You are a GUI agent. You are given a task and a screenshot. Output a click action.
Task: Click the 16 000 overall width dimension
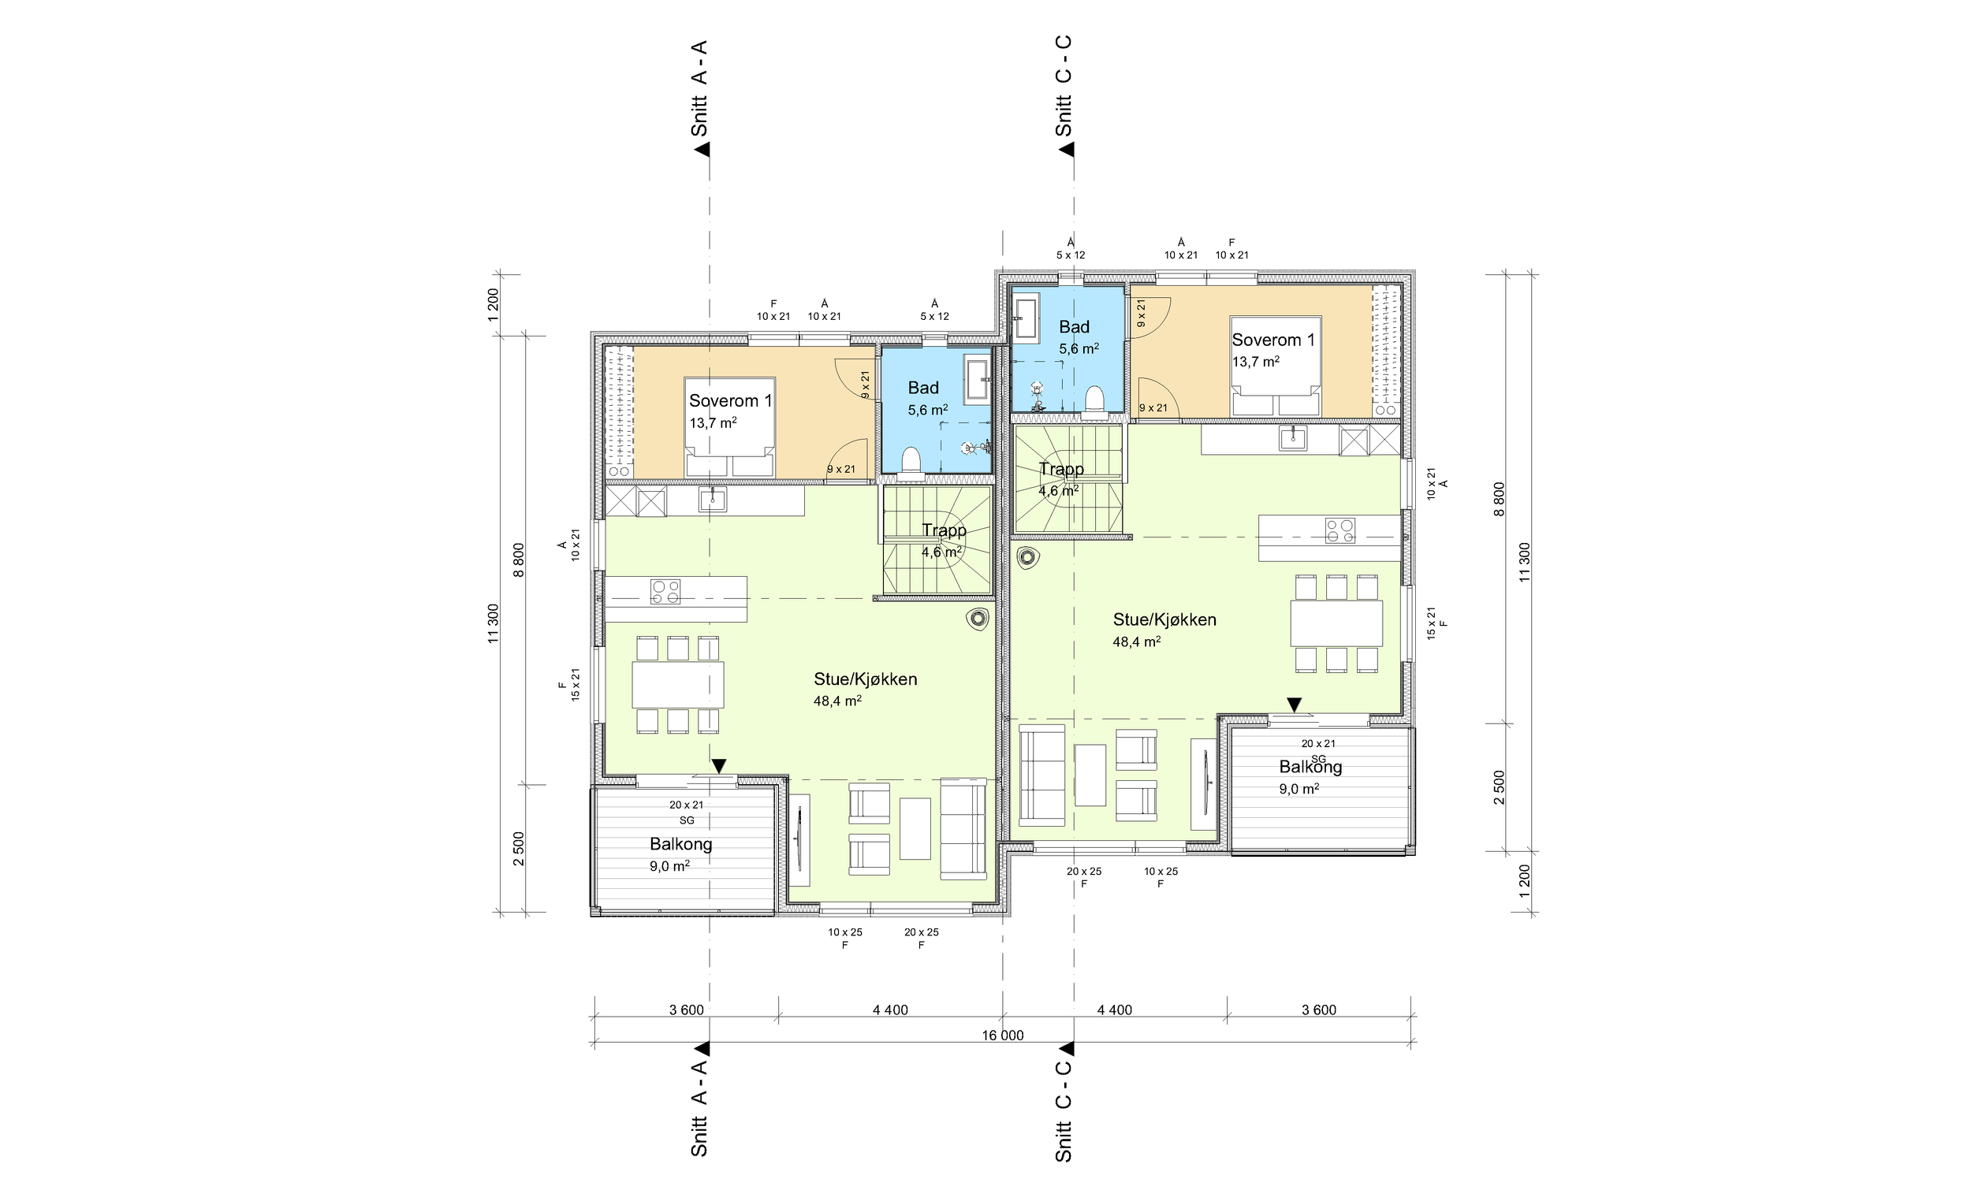[x=1002, y=1035]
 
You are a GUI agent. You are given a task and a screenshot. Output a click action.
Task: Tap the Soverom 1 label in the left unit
[x=730, y=400]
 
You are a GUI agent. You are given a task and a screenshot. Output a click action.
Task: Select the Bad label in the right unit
[x=1075, y=326]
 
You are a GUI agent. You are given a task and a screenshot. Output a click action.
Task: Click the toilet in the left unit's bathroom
[x=911, y=463]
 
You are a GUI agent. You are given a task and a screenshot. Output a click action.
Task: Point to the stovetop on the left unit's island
[x=665, y=591]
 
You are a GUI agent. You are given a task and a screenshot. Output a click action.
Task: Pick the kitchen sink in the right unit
[x=1293, y=437]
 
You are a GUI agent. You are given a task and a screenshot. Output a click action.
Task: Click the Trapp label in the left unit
[x=944, y=530]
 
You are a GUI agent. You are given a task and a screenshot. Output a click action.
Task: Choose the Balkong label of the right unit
[x=1310, y=766]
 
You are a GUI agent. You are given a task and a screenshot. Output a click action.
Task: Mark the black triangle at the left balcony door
[x=718, y=766]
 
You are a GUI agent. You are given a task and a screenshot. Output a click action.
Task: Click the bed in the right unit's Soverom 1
[x=1275, y=366]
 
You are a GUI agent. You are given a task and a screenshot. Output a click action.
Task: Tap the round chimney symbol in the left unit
[x=978, y=618]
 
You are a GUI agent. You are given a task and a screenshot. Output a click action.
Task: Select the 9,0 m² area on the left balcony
[x=669, y=865]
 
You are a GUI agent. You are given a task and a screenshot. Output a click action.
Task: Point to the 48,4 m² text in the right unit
[x=1137, y=641]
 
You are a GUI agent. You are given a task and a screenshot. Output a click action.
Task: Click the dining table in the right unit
[x=1336, y=623]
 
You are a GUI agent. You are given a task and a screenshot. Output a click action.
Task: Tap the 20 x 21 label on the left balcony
[x=687, y=805]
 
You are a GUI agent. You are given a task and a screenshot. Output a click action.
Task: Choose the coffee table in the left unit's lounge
[x=915, y=827]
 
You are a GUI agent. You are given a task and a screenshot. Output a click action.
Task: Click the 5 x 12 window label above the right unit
[x=1071, y=255]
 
